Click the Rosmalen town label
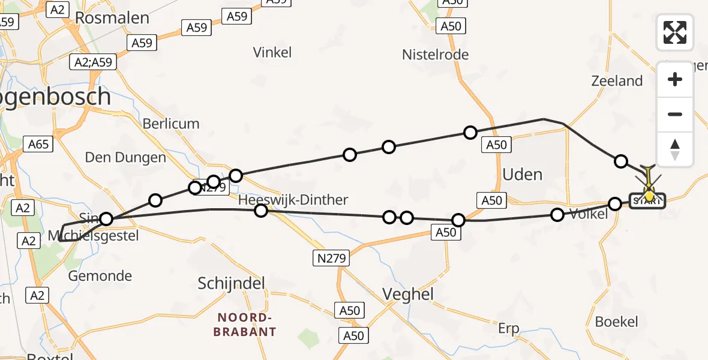click(112, 18)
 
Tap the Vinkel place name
click(272, 52)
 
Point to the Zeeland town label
click(617, 81)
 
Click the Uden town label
click(522, 175)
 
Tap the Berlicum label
click(171, 124)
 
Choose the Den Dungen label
click(125, 158)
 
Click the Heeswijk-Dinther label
click(293, 199)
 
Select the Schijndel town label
click(231, 284)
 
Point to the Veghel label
click(408, 295)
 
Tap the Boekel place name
click(617, 322)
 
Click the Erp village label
click(508, 329)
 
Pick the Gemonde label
click(100, 276)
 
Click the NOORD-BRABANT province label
click(247, 325)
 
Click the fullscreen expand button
click(675, 32)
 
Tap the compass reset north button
click(675, 149)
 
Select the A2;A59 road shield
click(93, 62)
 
